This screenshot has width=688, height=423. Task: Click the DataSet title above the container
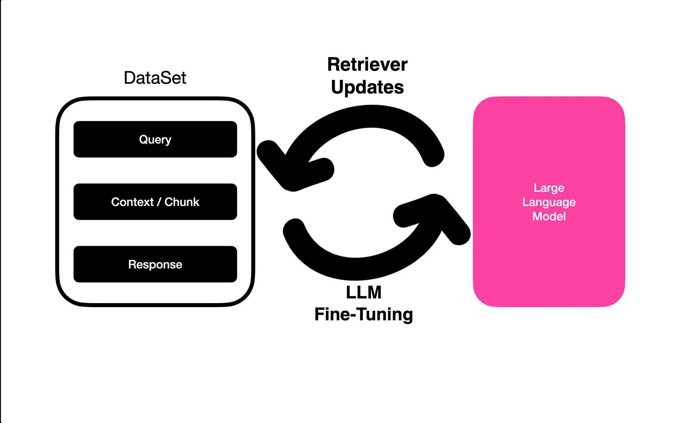click(155, 78)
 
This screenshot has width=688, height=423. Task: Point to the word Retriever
click(367, 64)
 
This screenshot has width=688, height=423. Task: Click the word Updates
click(367, 87)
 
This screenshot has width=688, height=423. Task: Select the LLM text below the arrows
click(364, 293)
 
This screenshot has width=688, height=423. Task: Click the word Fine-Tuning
click(364, 314)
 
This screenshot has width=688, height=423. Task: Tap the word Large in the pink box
click(549, 188)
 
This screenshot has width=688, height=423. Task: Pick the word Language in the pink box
click(549, 202)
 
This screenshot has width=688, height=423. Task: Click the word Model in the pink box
click(549, 216)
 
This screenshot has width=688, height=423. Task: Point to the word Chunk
click(182, 202)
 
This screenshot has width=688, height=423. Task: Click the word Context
click(132, 202)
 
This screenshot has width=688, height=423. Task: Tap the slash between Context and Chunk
click(159, 202)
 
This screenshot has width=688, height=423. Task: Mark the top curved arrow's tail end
click(433, 156)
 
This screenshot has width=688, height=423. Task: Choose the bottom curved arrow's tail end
click(294, 230)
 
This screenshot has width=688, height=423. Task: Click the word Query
click(155, 139)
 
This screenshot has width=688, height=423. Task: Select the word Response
click(155, 264)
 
